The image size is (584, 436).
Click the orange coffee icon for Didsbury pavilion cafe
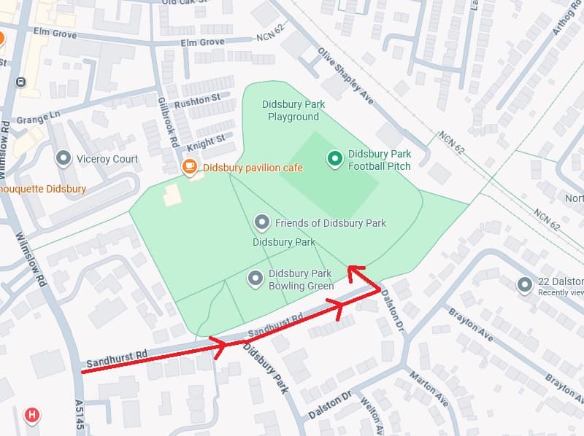pos(190,167)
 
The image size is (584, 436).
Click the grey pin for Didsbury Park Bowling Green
pos(255,278)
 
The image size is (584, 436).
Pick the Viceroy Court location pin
pos(64,158)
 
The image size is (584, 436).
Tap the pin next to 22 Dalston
pos(524,285)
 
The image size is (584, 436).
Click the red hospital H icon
pos(31,416)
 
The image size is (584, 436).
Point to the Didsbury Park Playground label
pos(293,111)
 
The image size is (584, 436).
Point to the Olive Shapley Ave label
pos(345,75)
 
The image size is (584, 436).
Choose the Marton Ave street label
pos(429,389)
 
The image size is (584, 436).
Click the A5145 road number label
pos(80,416)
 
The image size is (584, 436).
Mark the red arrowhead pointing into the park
pos(353,270)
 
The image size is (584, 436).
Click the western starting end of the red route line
pos(82,372)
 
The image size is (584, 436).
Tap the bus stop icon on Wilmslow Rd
pos(20,82)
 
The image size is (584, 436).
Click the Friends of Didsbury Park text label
pos(330,222)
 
